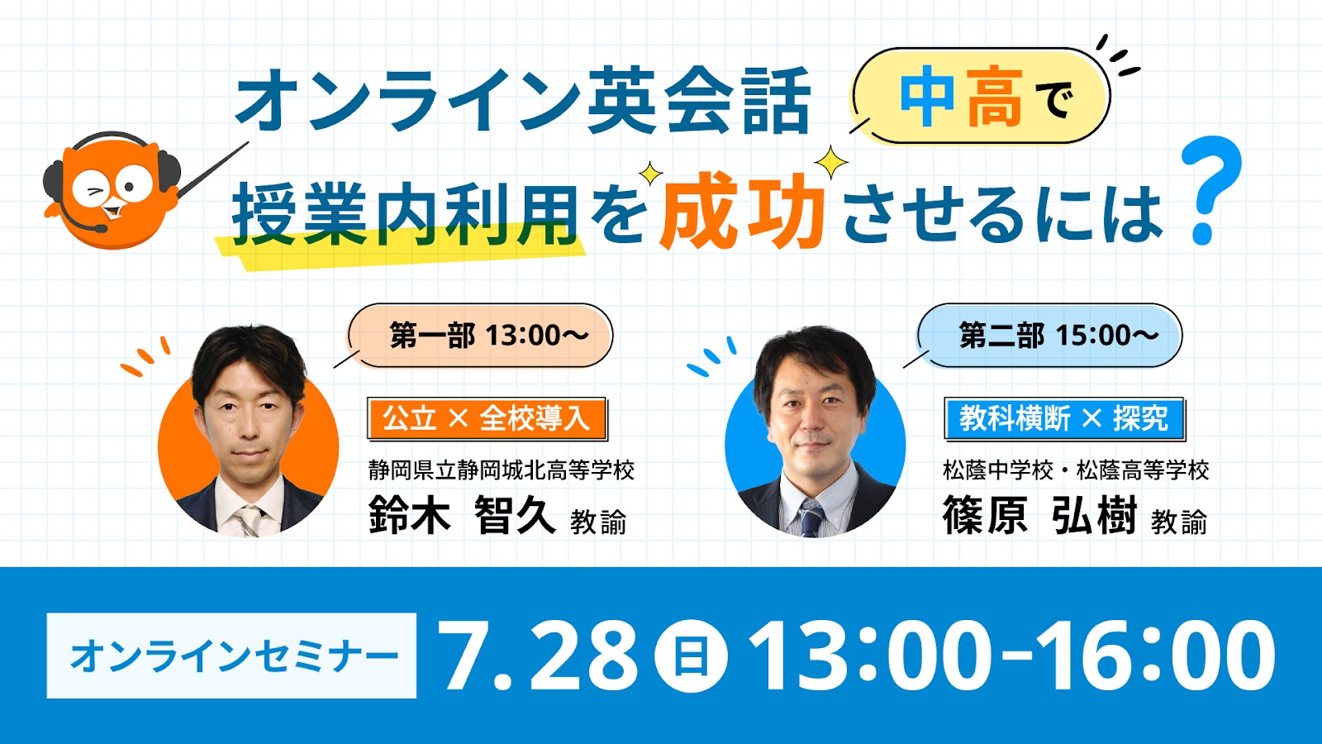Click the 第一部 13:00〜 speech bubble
pos(480,336)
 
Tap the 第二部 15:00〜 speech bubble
pos(1049,336)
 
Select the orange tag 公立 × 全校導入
pos(487,418)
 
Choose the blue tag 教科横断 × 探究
pos(1064,418)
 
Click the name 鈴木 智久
pos(462,516)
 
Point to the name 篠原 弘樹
pos(1039,516)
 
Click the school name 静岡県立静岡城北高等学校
pos(501,470)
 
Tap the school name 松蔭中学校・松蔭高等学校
pos(1076,470)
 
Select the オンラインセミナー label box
pos(231,656)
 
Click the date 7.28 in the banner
pos(540,656)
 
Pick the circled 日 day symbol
pos(691,656)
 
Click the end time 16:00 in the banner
pos(1156,656)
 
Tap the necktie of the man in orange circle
pos(248,521)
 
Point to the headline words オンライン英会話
pos(521,99)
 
